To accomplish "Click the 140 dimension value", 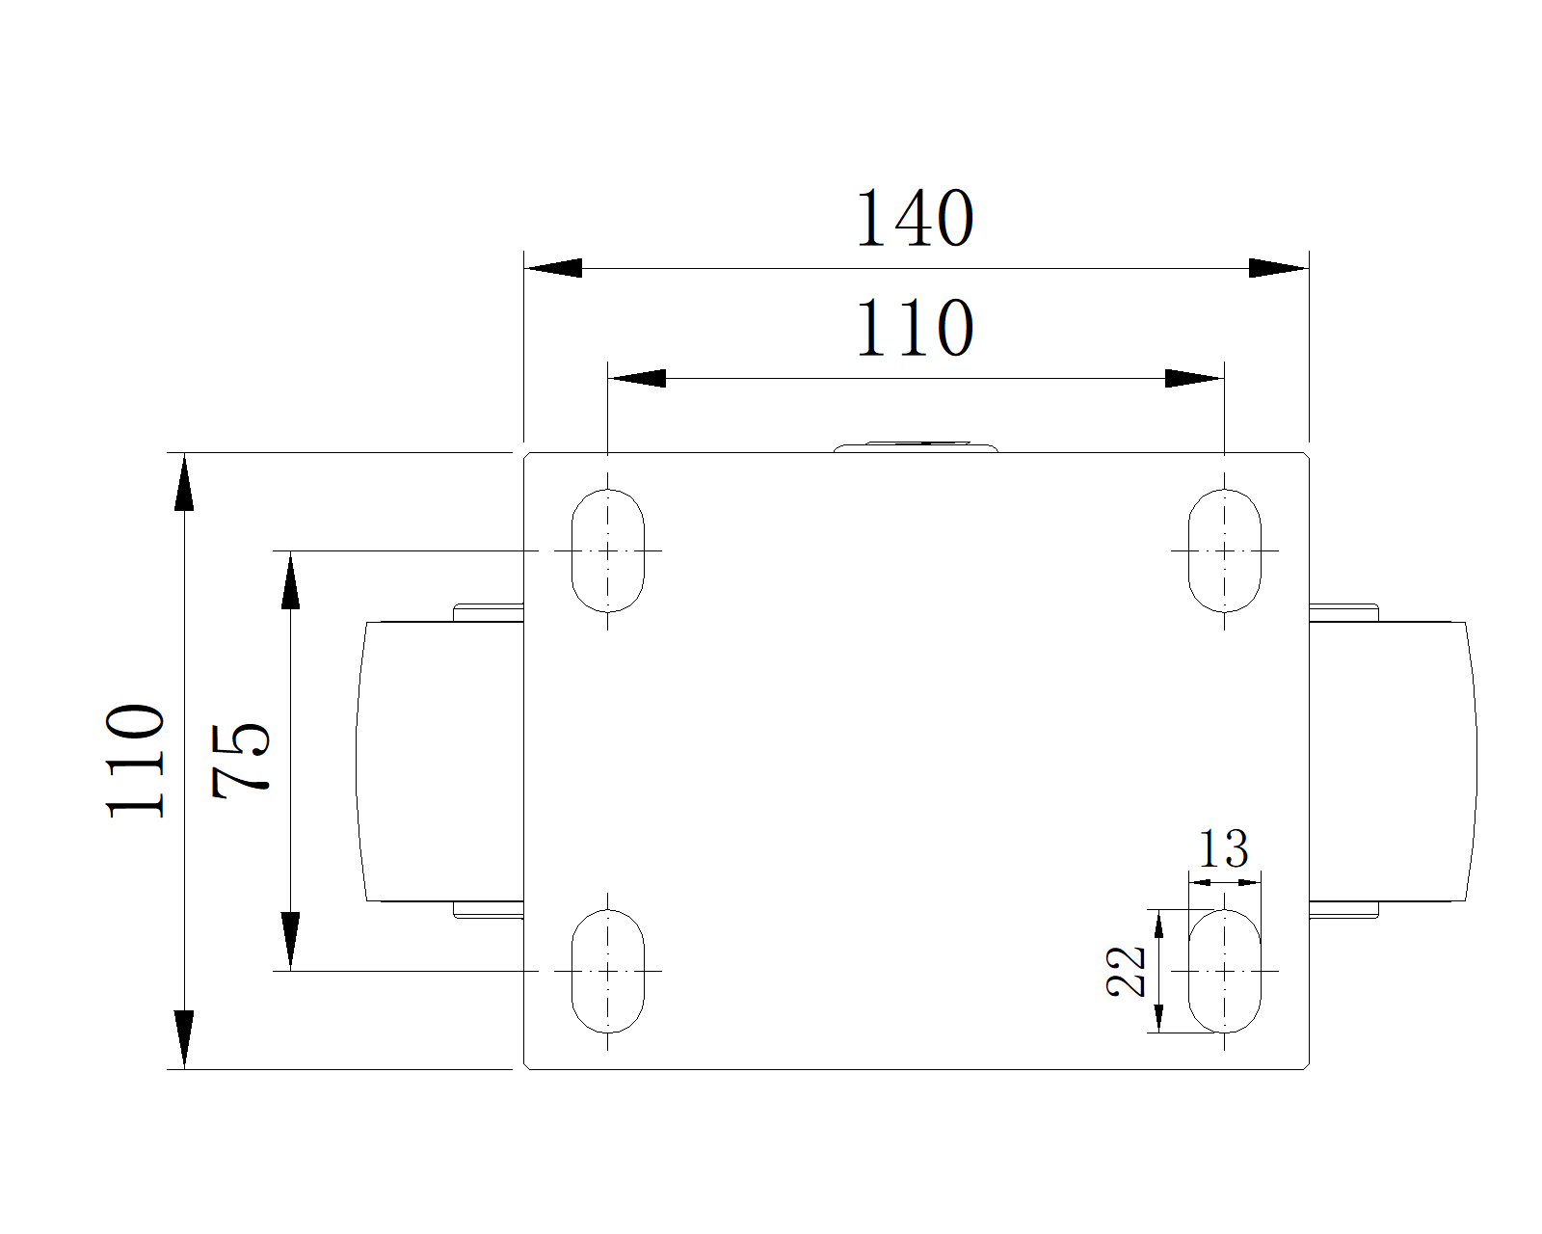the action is click(x=915, y=218).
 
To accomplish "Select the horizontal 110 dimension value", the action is click(x=915, y=328).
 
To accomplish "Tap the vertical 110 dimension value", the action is click(x=136, y=761).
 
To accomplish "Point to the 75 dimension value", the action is click(x=241, y=761).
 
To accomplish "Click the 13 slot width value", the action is click(x=1223, y=849).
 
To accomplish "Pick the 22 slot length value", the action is click(x=1126, y=972).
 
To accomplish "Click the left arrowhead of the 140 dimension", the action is click(x=553, y=268).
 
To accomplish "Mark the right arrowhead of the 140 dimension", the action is click(x=1279, y=268).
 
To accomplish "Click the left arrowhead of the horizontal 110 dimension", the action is click(x=637, y=378).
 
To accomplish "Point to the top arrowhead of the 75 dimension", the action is click(x=290, y=580).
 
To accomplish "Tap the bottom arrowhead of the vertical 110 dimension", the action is click(x=184, y=1039).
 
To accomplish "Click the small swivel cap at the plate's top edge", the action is click(x=916, y=447).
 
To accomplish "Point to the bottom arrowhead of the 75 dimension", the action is click(x=290, y=942).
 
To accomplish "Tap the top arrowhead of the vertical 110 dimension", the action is click(x=184, y=483).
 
